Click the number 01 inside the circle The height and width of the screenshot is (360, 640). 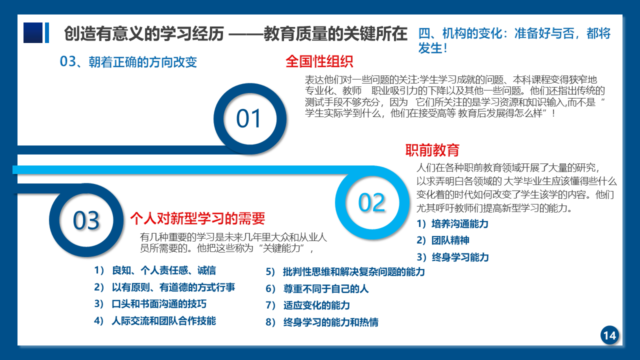click(248, 118)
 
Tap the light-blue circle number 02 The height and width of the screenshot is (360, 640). click(371, 202)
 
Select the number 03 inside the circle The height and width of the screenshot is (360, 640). click(86, 220)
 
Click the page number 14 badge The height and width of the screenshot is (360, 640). click(609, 335)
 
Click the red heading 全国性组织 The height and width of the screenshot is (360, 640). click(319, 61)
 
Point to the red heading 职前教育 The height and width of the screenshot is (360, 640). click(432, 150)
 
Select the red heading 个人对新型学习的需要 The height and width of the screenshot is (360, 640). click(197, 218)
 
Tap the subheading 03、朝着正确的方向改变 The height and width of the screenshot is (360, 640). click(128, 61)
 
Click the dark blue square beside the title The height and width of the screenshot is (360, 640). click(33, 32)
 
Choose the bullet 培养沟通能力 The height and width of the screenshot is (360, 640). click(459, 223)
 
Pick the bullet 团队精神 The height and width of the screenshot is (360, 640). click(450, 240)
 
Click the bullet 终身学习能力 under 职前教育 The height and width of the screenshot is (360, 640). click(460, 257)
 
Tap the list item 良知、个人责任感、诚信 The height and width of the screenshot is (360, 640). click(163, 270)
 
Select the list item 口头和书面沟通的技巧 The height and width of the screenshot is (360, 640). click(159, 303)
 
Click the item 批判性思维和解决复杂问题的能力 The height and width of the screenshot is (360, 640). click(353, 271)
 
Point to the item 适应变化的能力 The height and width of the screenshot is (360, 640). click(316, 305)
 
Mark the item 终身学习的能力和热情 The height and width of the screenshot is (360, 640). click(331, 322)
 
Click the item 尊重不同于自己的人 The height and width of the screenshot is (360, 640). click(326, 289)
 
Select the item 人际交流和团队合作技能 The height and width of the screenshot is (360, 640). click(163, 321)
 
